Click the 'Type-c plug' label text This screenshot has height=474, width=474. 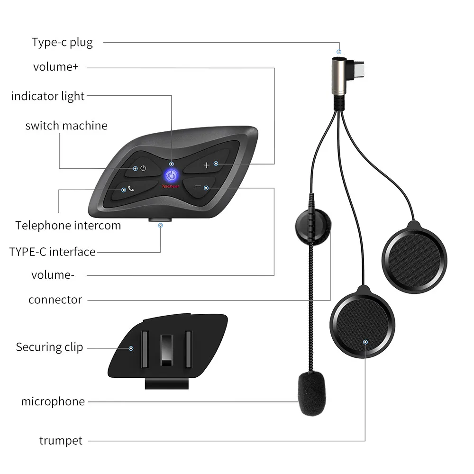click(62, 43)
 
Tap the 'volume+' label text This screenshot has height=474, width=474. click(56, 67)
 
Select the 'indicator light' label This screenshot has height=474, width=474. click(48, 96)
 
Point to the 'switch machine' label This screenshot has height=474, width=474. click(66, 126)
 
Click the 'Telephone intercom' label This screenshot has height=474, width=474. click(68, 226)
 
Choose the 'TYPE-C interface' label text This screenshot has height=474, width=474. click(52, 252)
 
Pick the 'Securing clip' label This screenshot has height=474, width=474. click(50, 347)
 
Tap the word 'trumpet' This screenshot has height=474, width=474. click(61, 441)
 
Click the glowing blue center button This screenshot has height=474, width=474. click(171, 175)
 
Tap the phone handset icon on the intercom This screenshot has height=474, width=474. click(131, 189)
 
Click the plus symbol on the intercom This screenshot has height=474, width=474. click(207, 165)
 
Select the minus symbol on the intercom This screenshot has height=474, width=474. click(198, 186)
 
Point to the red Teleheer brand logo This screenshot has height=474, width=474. click(171, 186)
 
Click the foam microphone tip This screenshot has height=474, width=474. click(312, 393)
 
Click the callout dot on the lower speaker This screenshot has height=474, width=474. click(365, 342)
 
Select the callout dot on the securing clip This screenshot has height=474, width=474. click(131, 348)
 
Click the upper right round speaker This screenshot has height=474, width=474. click(414, 258)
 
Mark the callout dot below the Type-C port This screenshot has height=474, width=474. click(161, 226)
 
